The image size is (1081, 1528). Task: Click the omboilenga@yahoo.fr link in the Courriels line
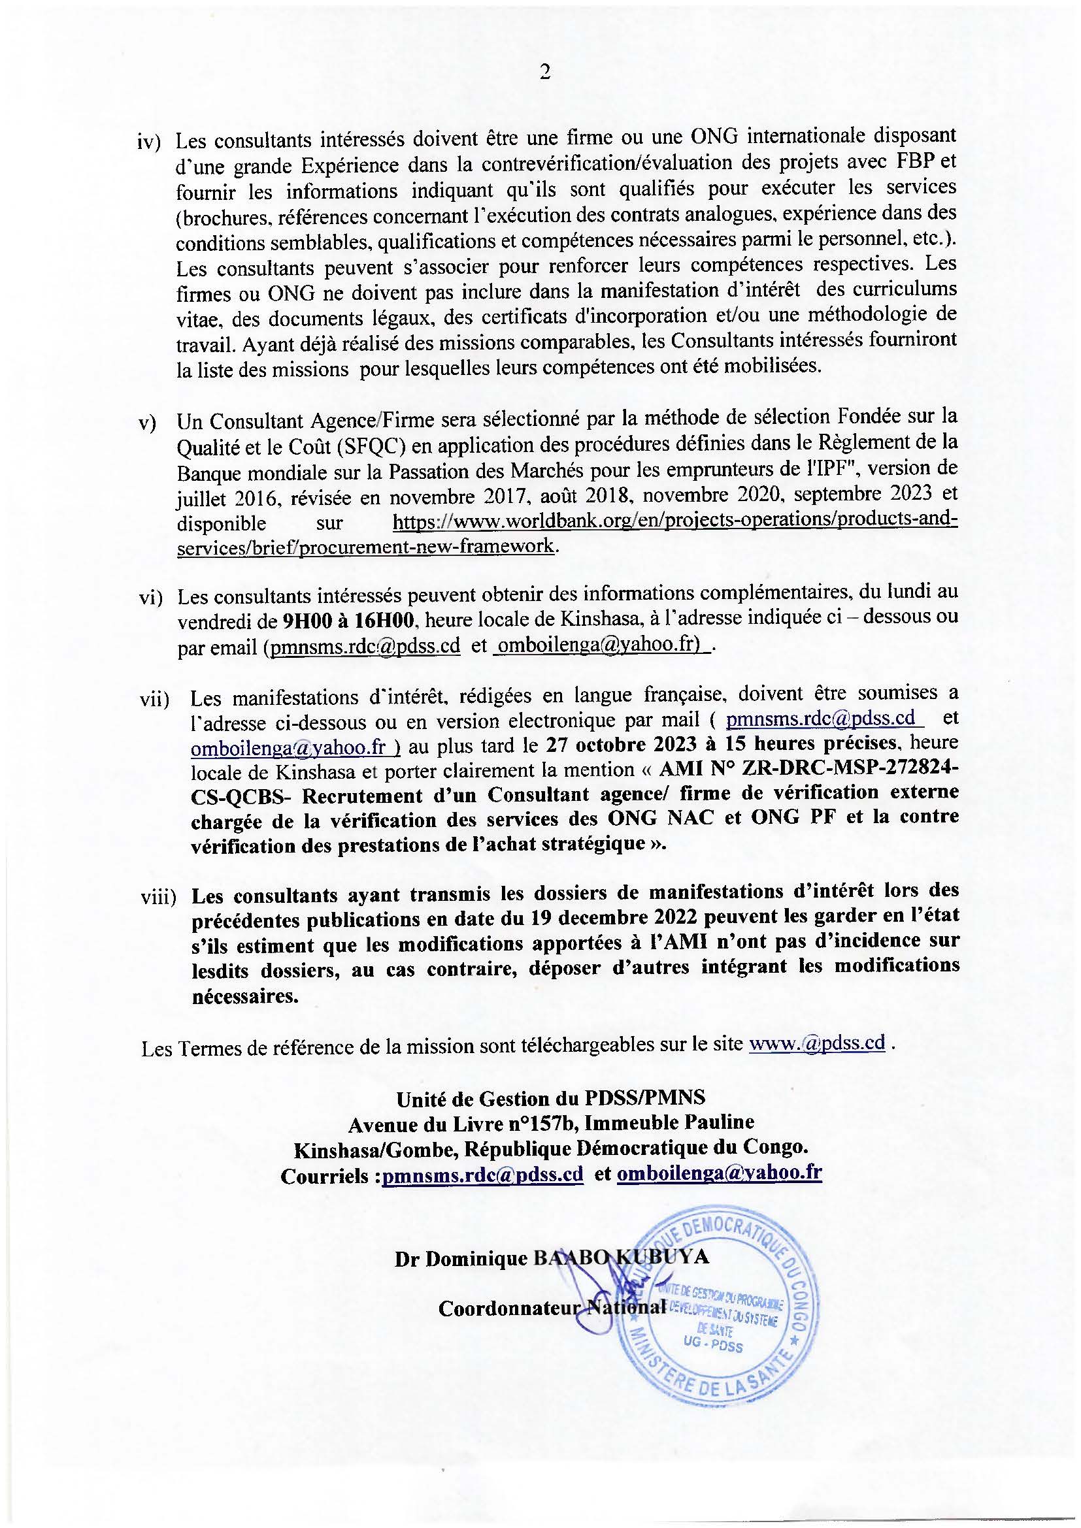point(720,1174)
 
